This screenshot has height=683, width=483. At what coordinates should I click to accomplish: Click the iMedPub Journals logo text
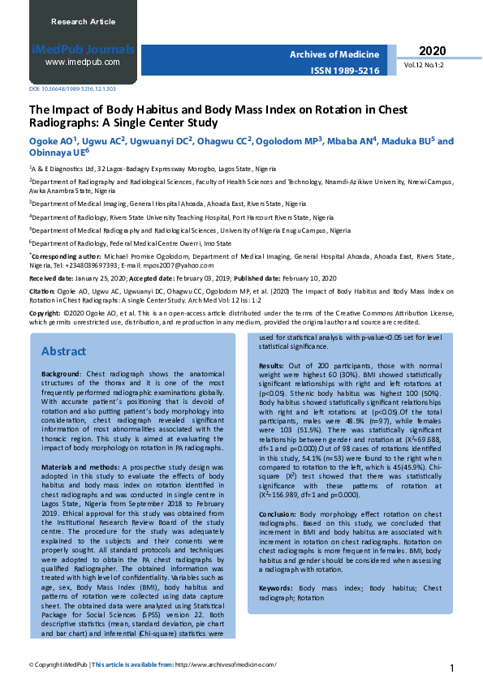pyautogui.click(x=82, y=49)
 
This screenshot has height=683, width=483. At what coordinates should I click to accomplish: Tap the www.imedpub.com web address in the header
pyautogui.click(x=83, y=62)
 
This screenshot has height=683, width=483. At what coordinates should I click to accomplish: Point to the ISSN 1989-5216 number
pyautogui.click(x=345, y=71)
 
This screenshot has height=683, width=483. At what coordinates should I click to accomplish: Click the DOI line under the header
pyautogui.click(x=61, y=88)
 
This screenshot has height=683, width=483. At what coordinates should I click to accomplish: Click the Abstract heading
pyautogui.click(x=63, y=351)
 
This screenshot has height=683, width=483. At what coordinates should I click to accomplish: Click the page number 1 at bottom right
pyautogui.click(x=451, y=668)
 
